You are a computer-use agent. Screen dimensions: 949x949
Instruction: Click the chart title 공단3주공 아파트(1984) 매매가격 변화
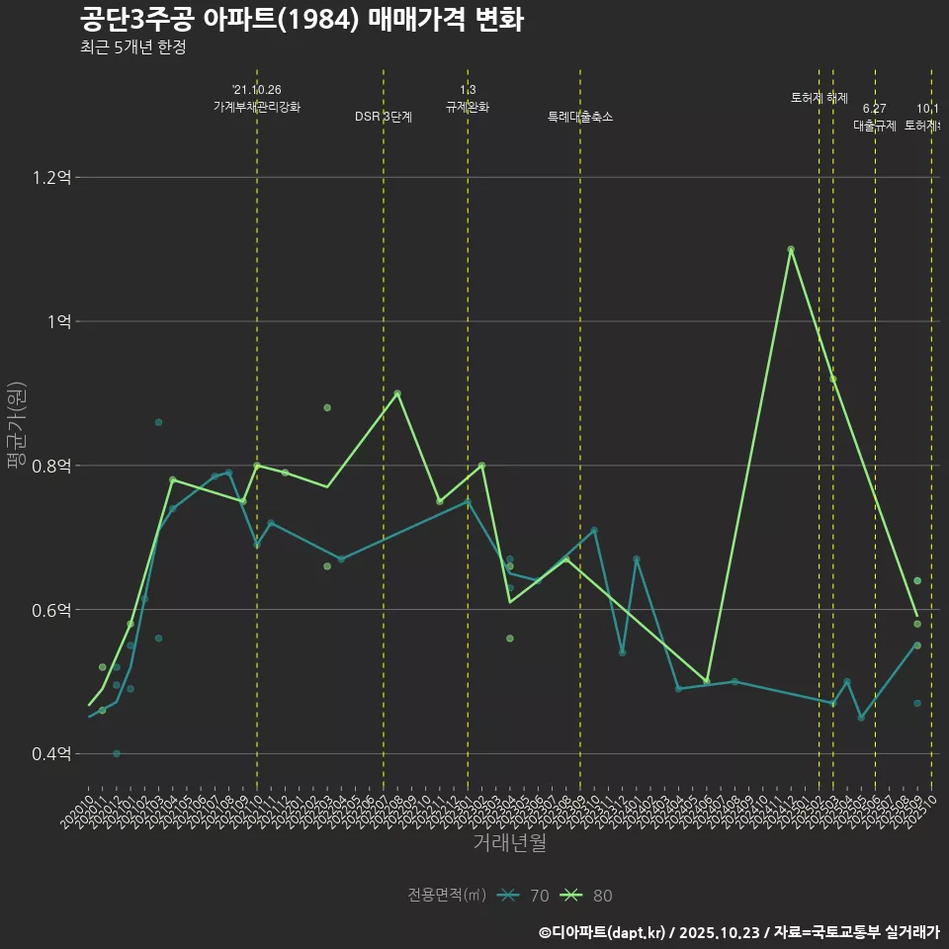tap(302, 20)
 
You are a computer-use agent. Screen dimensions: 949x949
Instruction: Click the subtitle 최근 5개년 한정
tap(132, 46)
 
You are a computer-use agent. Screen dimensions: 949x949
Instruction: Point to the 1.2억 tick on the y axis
tap(51, 178)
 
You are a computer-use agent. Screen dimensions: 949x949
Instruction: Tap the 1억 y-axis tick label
tap(57, 322)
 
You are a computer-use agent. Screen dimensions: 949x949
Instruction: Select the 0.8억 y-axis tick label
tap(51, 467)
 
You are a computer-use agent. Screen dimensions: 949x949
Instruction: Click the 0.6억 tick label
tap(51, 610)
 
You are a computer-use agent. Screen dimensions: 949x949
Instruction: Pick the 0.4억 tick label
tap(51, 754)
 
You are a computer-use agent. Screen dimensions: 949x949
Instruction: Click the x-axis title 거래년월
tap(509, 842)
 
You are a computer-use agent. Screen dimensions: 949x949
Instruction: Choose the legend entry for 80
tap(586, 896)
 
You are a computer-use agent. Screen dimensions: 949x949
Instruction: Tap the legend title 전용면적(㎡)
tap(447, 896)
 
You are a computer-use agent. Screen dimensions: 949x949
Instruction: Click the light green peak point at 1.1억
tap(791, 249)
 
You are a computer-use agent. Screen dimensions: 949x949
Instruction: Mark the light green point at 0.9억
tap(397, 393)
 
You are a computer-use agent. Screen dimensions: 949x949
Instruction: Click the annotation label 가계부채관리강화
tap(257, 107)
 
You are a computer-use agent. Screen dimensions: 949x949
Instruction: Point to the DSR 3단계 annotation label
tap(384, 117)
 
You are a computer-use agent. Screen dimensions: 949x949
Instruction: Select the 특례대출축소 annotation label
tap(580, 117)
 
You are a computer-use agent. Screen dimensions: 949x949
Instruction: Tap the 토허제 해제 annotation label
tap(820, 98)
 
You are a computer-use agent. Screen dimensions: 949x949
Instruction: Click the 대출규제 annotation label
tap(875, 126)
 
